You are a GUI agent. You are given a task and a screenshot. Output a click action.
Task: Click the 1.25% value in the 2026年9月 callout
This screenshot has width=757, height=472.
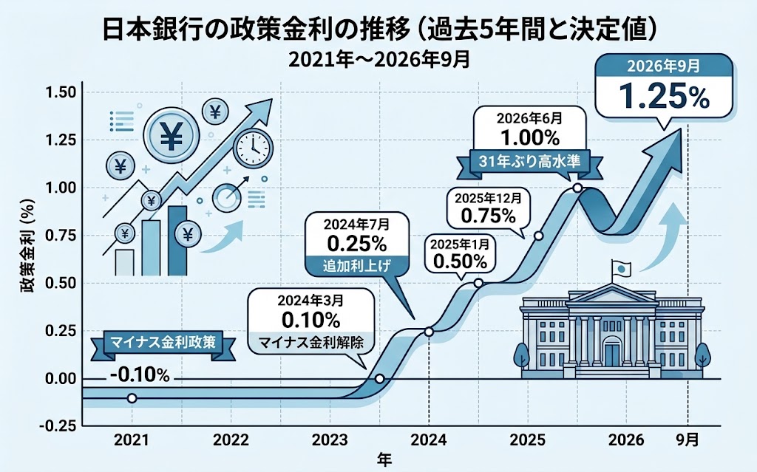pos(664,96)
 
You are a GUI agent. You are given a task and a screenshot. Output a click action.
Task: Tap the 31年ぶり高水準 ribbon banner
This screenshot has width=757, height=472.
pos(529,163)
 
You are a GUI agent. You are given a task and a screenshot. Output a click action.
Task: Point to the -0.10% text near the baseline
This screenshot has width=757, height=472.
pos(139,374)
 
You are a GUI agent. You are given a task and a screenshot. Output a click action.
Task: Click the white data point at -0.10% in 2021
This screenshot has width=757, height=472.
pos(132,398)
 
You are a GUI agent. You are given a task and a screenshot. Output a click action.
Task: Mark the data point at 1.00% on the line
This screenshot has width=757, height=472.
pos(577,188)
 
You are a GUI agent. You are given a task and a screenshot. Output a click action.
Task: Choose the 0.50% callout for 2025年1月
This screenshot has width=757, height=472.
pos(460,254)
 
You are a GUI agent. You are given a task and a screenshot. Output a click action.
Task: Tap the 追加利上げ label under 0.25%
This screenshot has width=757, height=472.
pos(357,265)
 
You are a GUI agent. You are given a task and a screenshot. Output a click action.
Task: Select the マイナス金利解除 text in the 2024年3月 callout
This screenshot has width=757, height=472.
pos(310,342)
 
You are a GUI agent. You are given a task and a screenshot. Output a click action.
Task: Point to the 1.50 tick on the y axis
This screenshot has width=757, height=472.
pos(61,92)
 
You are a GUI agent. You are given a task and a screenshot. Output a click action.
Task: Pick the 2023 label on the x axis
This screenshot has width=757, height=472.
pos(330,439)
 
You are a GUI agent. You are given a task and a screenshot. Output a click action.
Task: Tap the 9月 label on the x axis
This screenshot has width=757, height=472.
pos(687,439)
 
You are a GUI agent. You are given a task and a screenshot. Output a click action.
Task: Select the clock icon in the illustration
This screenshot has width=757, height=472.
pos(253,148)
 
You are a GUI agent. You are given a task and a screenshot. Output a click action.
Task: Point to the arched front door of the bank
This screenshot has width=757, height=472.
pos(611,352)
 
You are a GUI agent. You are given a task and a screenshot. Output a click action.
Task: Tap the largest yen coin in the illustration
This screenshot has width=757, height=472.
pos(171,135)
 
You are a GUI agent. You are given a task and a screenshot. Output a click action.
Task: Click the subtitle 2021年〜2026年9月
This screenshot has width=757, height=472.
pos(379,60)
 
